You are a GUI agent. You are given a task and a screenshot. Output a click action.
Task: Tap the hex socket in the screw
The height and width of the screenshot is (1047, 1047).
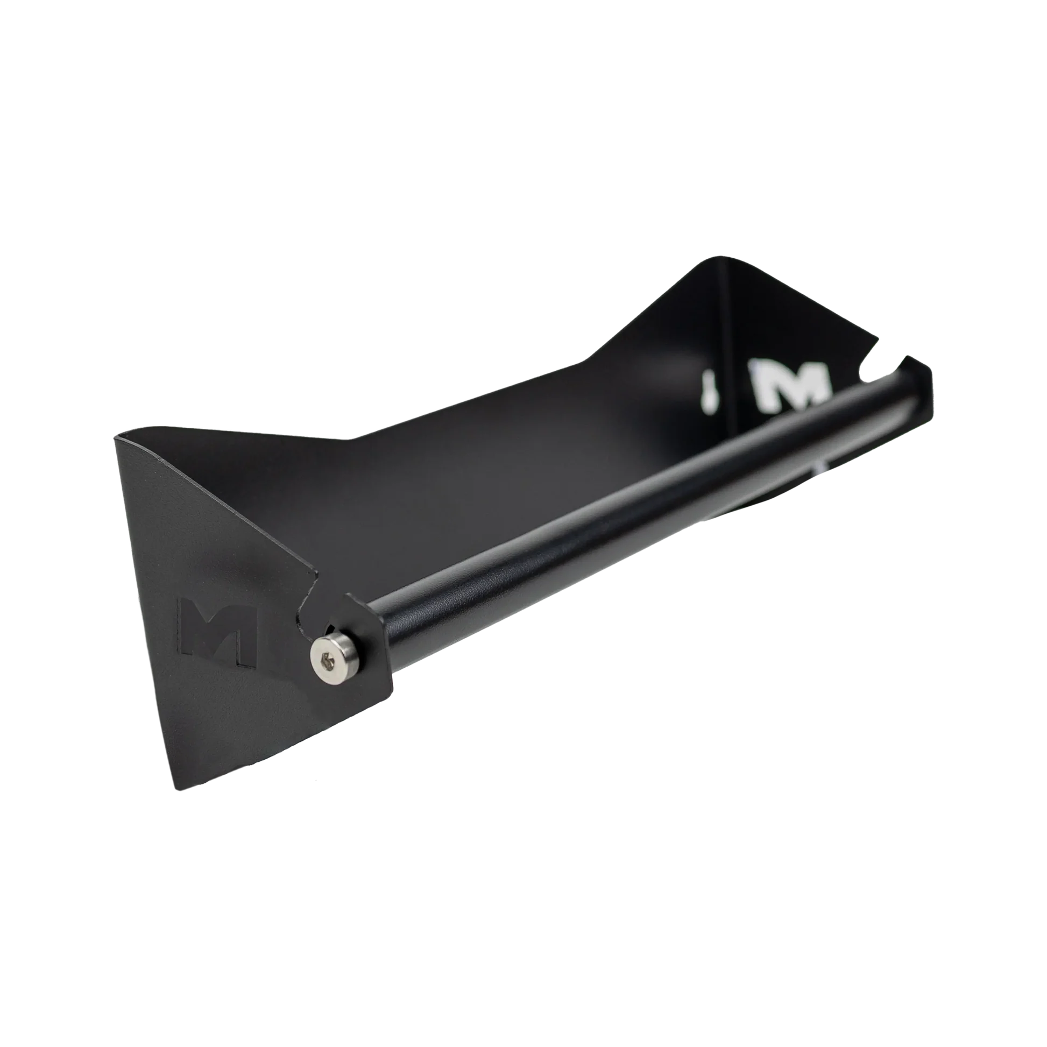click(x=324, y=661)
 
